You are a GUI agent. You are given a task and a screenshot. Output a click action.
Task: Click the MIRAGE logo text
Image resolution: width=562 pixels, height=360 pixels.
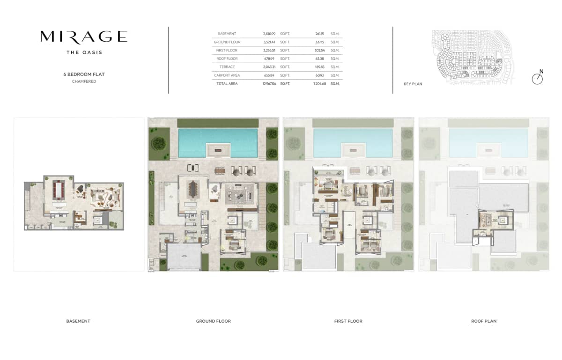[84, 37]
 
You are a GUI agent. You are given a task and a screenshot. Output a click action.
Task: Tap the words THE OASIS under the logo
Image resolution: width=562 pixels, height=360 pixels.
[84, 52]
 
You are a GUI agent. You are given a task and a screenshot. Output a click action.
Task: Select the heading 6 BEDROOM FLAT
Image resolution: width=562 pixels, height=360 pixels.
[84, 74]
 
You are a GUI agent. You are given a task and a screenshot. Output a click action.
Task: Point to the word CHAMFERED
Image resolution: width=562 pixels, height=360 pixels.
[84, 81]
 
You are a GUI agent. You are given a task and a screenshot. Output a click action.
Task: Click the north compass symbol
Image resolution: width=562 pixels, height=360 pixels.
[537, 79]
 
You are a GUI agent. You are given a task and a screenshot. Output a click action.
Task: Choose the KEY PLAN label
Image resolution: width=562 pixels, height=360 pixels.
[413, 84]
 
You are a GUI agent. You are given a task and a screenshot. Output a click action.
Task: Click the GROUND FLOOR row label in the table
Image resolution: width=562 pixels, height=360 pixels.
[227, 42]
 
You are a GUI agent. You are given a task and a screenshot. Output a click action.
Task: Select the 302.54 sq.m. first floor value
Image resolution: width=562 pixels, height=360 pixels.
[320, 50]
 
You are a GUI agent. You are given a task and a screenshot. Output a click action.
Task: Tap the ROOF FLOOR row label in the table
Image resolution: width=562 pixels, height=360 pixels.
[227, 59]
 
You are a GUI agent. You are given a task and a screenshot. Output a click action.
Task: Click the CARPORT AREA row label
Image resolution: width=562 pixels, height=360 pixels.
[227, 75]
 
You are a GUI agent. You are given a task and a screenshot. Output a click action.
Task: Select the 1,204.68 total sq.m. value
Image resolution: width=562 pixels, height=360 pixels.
[320, 84]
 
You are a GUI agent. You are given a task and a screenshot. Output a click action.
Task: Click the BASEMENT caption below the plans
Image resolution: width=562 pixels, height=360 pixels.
[78, 321]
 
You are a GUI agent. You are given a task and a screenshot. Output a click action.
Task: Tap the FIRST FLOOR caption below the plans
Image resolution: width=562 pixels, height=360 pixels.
[348, 321]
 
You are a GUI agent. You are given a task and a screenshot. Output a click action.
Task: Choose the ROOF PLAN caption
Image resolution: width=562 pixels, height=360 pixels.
[484, 321]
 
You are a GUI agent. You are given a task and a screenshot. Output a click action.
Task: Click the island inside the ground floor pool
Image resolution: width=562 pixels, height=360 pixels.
[218, 150]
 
